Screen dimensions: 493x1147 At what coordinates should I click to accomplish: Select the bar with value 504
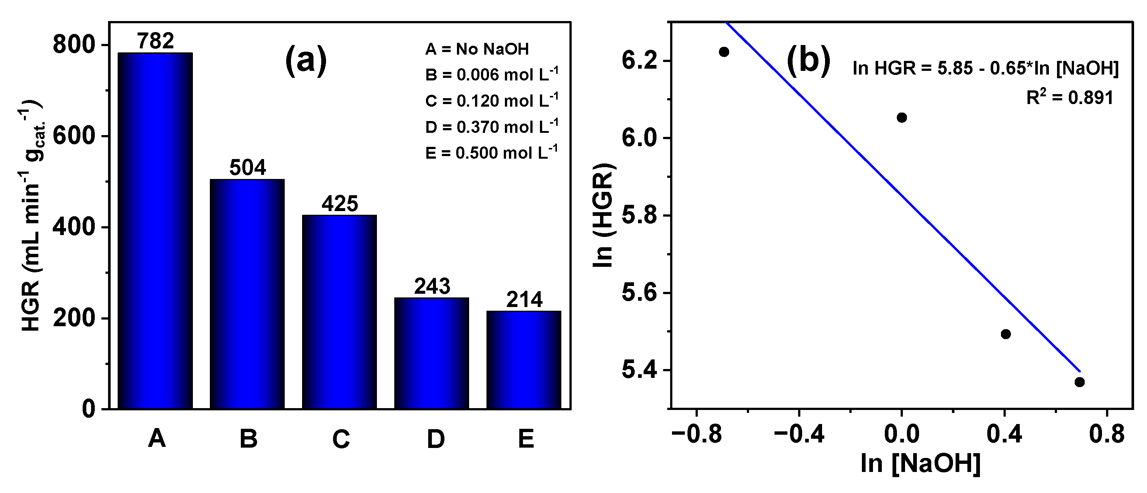pyautogui.click(x=247, y=294)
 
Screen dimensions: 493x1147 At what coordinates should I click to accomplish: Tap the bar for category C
pyautogui.click(x=339, y=312)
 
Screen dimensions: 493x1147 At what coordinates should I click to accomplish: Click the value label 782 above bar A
pyautogui.click(x=155, y=41)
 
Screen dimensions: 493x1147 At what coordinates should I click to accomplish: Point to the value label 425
pyautogui.click(x=340, y=204)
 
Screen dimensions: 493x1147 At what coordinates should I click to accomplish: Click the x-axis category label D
pyautogui.click(x=436, y=439)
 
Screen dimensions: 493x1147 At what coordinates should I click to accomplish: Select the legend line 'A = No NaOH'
pyautogui.click(x=477, y=49)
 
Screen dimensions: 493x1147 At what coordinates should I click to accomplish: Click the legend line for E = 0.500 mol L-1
pyautogui.click(x=492, y=153)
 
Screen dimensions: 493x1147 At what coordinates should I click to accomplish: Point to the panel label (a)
pyautogui.click(x=306, y=61)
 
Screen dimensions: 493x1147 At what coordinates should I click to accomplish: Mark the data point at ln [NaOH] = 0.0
pyautogui.click(x=902, y=118)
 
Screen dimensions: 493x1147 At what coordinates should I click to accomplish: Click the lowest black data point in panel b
pyautogui.click(x=1079, y=382)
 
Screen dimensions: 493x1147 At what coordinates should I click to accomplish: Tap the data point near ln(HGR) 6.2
pyautogui.click(x=724, y=52)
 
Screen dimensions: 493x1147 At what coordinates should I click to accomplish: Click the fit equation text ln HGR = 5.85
pyautogui.click(x=985, y=68)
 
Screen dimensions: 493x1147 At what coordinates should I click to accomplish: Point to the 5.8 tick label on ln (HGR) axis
pyautogui.click(x=638, y=216)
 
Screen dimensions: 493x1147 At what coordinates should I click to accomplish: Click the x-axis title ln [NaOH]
pyautogui.click(x=920, y=463)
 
